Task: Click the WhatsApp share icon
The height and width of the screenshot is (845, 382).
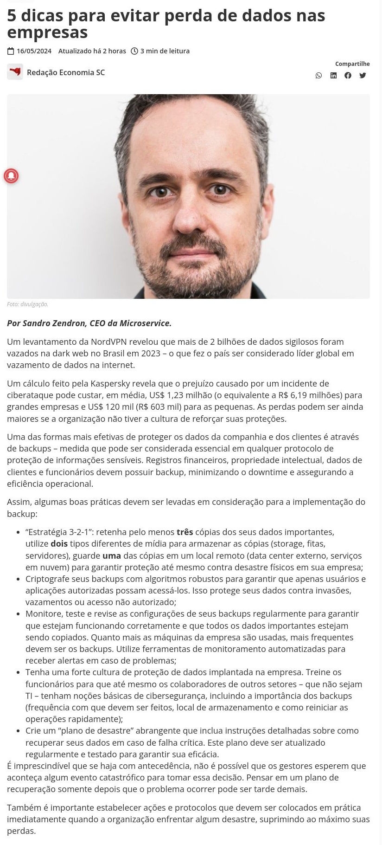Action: click(318, 76)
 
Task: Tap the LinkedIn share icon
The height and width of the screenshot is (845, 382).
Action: click(333, 76)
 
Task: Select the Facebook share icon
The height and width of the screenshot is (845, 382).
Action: click(348, 76)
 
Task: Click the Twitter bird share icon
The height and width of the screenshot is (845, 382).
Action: click(363, 76)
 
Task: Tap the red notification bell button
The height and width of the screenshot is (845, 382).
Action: click(11, 176)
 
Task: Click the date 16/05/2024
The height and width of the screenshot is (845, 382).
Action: click(34, 51)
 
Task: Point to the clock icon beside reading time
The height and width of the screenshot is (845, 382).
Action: click(134, 51)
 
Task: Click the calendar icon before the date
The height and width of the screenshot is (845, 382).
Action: click(11, 51)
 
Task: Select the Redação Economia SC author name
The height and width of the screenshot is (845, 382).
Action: click(66, 72)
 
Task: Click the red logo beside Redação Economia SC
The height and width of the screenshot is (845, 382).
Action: click(15, 72)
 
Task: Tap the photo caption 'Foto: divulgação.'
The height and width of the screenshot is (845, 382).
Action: click(27, 304)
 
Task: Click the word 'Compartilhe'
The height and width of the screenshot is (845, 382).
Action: click(352, 64)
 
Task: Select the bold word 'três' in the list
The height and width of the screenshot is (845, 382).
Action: click(185, 532)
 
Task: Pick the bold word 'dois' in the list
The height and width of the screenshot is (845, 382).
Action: click(59, 543)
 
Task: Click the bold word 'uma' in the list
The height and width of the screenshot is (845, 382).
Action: click(112, 555)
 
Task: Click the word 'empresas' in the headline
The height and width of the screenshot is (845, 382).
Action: click(47, 32)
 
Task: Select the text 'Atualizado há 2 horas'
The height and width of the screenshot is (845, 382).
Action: click(92, 51)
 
